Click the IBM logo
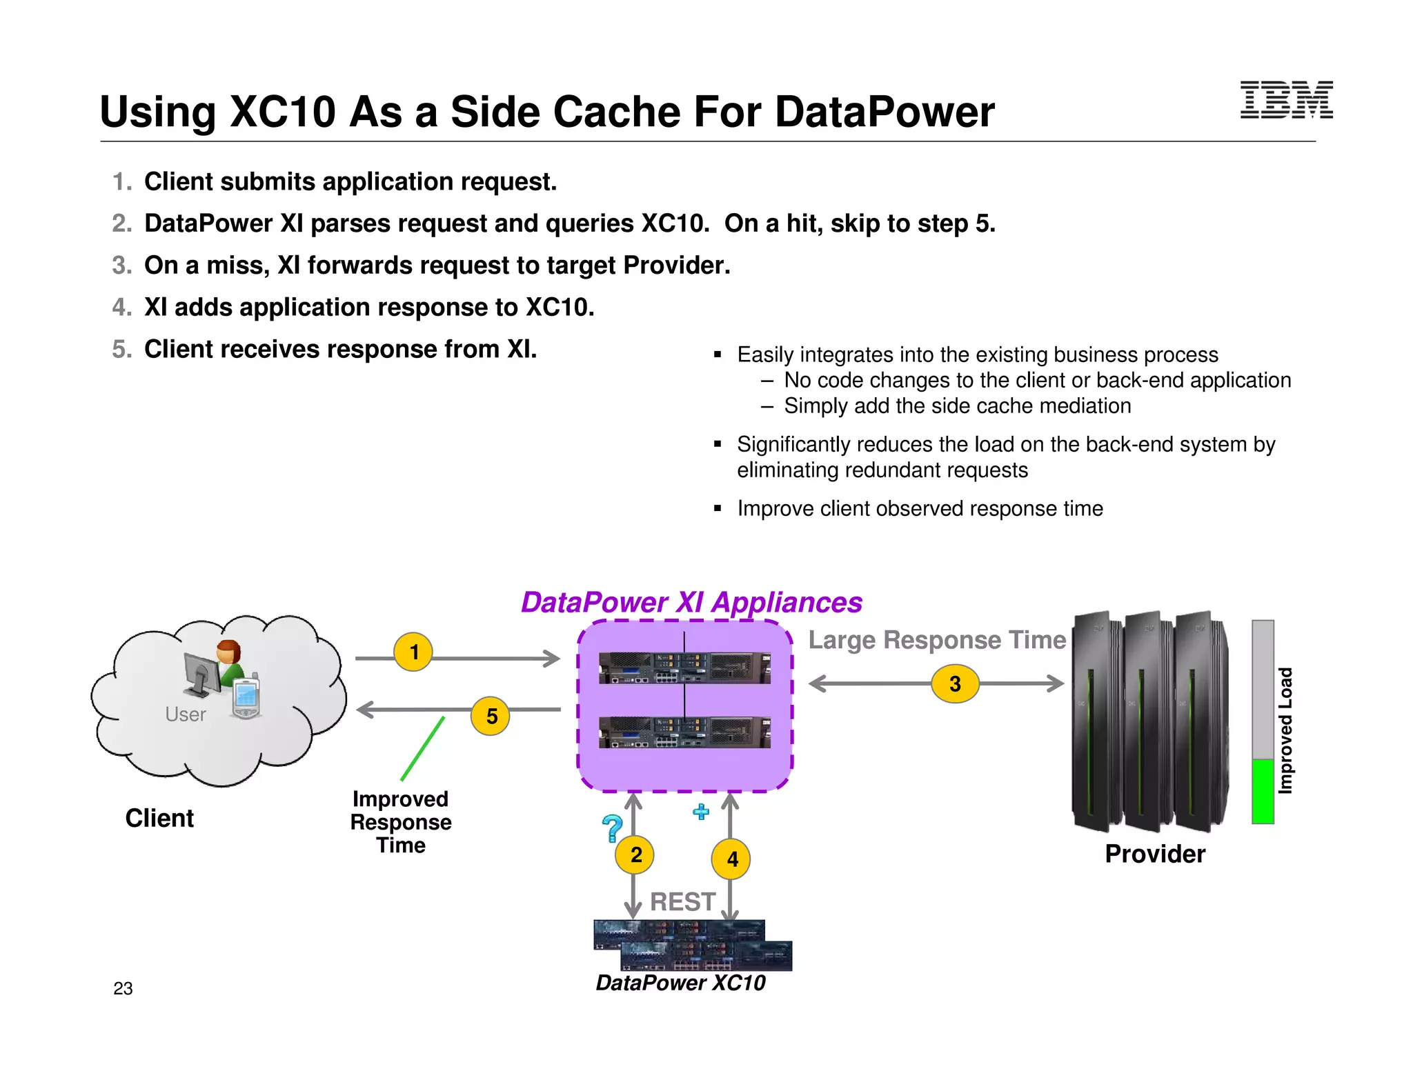(1286, 100)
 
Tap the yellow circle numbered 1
(413, 652)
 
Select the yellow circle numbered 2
(635, 854)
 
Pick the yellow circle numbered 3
(955, 683)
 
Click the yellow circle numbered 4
(731, 859)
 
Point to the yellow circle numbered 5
(491, 716)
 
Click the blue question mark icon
(612, 828)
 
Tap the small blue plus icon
(701, 812)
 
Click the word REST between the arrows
(682, 901)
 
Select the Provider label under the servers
(1155, 854)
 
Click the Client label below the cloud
(159, 818)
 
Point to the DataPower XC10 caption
(680, 983)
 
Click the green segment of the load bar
(1263, 791)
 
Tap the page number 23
(123, 988)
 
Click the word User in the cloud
(186, 714)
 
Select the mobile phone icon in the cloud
(246, 698)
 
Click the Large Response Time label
(937, 640)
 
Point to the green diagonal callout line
(422, 749)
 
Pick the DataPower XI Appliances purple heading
(691, 602)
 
